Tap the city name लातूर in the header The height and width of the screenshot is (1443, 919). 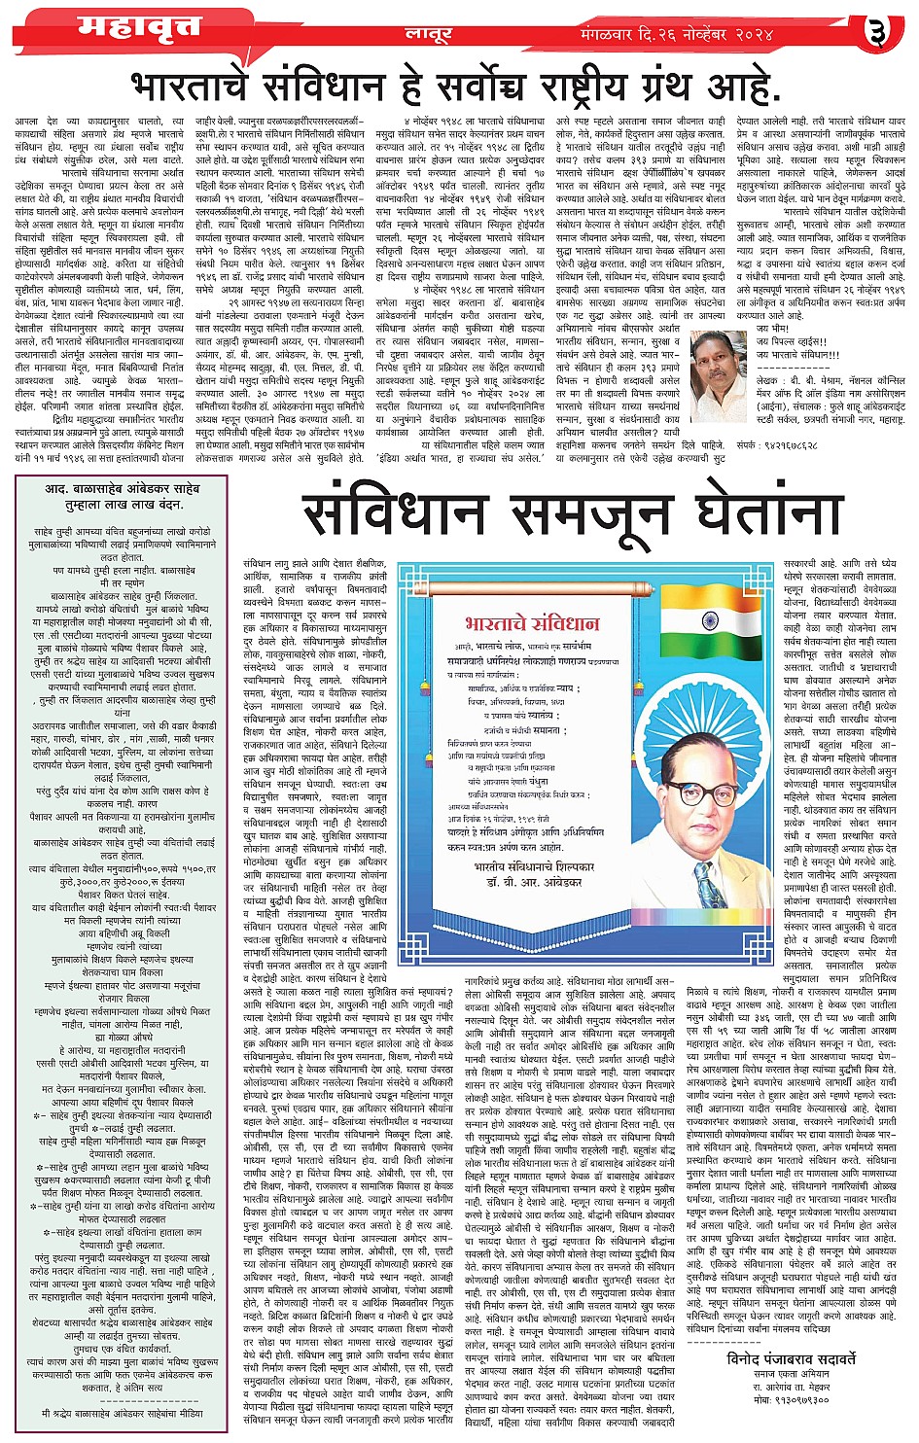click(428, 34)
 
